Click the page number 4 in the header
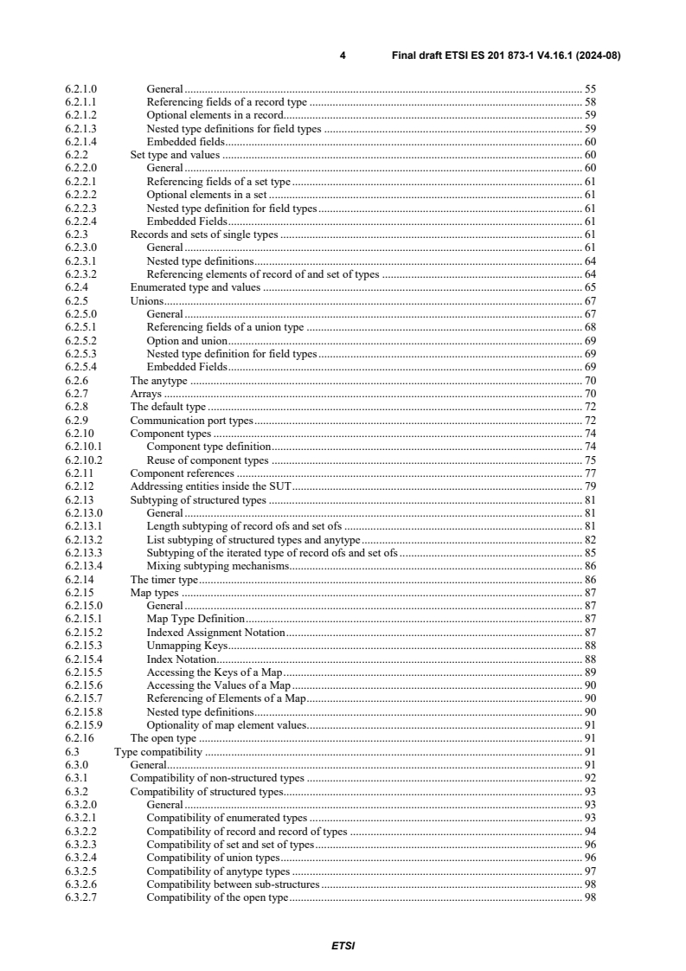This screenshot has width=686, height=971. pyautogui.click(x=343, y=55)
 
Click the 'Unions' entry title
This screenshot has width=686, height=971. pyautogui.click(x=146, y=300)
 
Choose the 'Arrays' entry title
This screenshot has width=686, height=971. pyautogui.click(x=145, y=393)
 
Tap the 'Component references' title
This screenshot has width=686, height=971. pyautogui.click(x=182, y=473)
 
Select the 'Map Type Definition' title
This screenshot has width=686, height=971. pyautogui.click(x=196, y=619)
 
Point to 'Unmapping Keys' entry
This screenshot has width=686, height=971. pyautogui.click(x=187, y=645)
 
